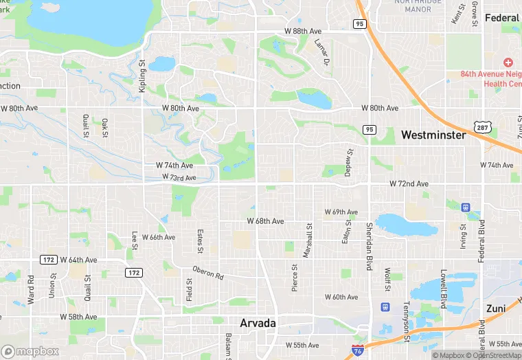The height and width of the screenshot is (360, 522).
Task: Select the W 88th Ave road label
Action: [x=303, y=32]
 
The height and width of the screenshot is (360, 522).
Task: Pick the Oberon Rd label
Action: [x=208, y=272]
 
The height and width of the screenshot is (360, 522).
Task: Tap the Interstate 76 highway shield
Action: [x=357, y=350]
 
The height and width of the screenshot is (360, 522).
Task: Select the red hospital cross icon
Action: [x=508, y=63]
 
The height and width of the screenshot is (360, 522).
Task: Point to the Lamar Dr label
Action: [x=321, y=52]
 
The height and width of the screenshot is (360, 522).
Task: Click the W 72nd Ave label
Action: [x=409, y=184]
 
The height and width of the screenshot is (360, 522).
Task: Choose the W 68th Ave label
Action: [x=265, y=221]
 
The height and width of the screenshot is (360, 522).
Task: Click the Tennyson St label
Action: [x=406, y=312]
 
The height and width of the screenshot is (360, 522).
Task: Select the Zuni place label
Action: [x=495, y=308]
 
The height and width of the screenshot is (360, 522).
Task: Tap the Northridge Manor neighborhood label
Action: [x=413, y=5]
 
